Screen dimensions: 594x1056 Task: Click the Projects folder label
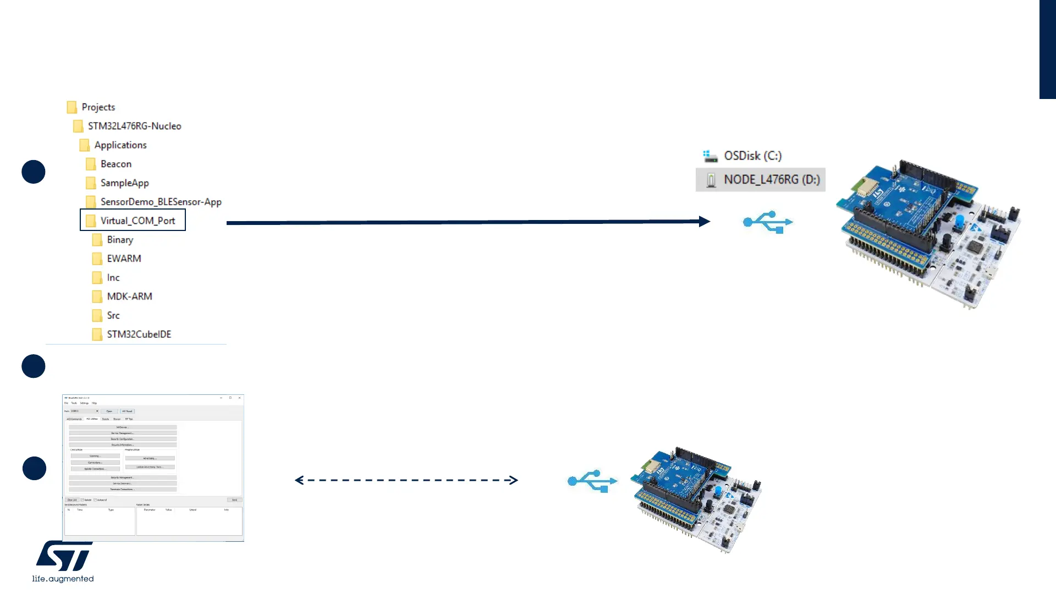pos(98,107)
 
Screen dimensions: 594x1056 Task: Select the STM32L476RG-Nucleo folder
pos(134,126)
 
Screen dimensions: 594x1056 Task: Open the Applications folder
pos(120,145)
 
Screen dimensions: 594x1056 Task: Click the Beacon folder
pos(116,164)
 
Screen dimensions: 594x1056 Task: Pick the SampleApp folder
pos(124,183)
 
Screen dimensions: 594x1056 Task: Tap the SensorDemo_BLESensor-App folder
pos(161,202)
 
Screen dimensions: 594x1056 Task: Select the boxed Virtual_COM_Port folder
pos(137,221)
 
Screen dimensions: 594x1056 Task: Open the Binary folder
pos(120,240)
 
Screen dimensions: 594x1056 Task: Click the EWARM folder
pos(124,258)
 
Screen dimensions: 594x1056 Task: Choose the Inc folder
pos(113,278)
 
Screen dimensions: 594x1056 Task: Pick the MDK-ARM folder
pos(129,296)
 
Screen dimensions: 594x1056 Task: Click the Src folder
pos(113,316)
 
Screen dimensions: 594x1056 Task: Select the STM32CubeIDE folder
pos(139,334)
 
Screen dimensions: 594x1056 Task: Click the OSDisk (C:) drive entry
pos(752,156)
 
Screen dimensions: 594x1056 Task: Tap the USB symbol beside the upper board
pos(768,222)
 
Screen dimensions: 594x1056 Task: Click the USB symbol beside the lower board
pos(592,481)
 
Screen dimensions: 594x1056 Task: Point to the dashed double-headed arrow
pos(406,480)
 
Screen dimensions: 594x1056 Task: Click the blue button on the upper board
pos(959,221)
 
